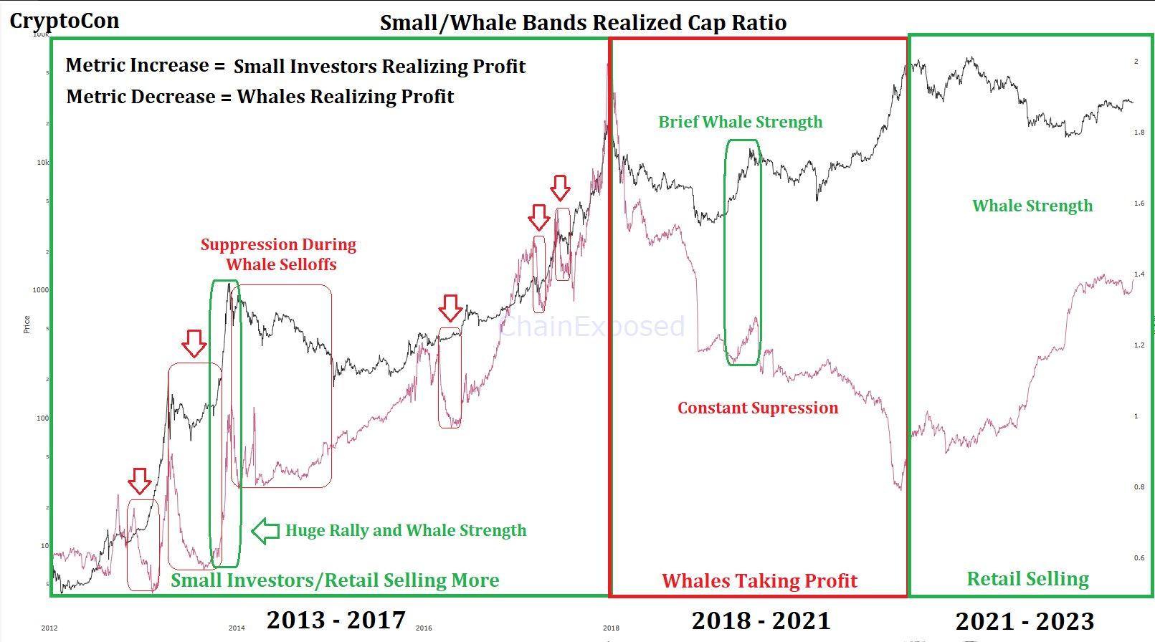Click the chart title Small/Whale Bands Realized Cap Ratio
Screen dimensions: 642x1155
[x=583, y=22]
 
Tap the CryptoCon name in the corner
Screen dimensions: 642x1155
[x=65, y=21]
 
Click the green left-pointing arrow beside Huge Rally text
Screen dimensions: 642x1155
[x=265, y=530]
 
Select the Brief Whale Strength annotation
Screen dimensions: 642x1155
[x=740, y=122]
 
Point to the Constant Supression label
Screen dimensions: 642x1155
[x=758, y=408]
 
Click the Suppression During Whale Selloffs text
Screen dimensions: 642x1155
[x=279, y=254]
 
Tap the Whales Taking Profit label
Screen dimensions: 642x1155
[x=759, y=580]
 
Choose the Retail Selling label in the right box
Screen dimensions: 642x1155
[x=1027, y=579]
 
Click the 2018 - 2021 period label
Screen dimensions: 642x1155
[x=761, y=621]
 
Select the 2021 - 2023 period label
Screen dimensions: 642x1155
[x=1025, y=621]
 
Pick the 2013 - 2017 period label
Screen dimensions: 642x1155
[x=336, y=620]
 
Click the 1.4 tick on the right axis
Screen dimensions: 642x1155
[x=1139, y=274]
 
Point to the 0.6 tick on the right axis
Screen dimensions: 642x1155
[x=1139, y=558]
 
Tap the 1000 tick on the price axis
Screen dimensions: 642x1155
[x=40, y=290]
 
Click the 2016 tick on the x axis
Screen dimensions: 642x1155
[x=424, y=628]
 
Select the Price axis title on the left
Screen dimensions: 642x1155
[x=27, y=324]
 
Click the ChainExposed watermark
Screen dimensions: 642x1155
[x=591, y=327]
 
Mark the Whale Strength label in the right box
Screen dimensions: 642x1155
[x=1032, y=206]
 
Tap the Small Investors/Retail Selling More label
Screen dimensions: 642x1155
[x=335, y=580]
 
